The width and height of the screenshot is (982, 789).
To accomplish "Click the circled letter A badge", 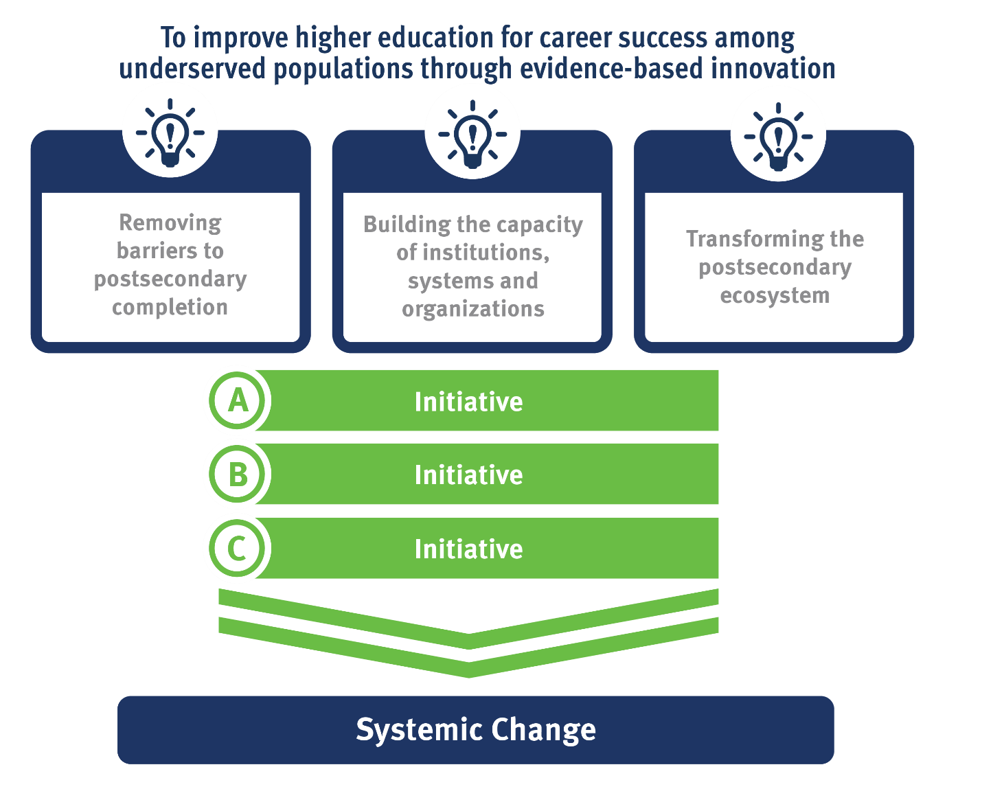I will tap(238, 400).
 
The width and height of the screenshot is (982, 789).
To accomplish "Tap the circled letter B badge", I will tap(238, 474).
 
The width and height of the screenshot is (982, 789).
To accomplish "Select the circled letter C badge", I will tap(238, 549).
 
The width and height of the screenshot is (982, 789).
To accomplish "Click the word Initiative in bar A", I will tap(468, 402).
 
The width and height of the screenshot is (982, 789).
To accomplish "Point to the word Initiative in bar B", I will tap(468, 475).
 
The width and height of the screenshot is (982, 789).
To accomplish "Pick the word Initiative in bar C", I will tap(468, 549).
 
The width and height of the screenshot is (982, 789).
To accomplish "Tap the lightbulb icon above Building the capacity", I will tap(472, 133).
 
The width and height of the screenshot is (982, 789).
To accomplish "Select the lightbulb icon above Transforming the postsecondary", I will tap(778, 135).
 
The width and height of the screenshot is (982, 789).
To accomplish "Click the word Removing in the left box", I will tap(170, 222).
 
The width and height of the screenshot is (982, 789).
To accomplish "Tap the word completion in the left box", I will tap(170, 307).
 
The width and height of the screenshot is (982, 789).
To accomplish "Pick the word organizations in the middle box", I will tap(473, 309).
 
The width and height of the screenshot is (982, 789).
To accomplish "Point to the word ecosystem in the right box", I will tap(775, 295).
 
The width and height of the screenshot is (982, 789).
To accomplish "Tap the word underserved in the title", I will tap(192, 69).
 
